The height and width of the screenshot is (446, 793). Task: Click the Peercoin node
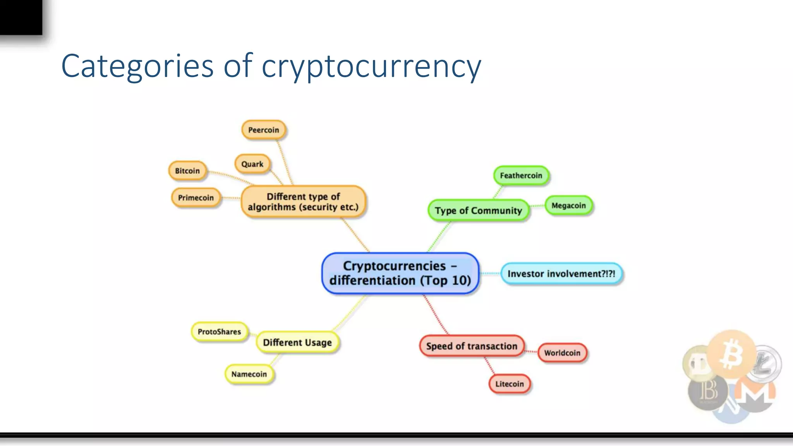(x=263, y=130)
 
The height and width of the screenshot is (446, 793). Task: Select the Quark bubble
(x=252, y=164)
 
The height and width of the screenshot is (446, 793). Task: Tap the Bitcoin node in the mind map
(x=187, y=171)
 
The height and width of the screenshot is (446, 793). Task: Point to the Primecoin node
(x=196, y=198)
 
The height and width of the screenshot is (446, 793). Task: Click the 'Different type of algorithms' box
(x=303, y=202)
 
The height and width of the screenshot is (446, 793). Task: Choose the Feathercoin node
(x=521, y=176)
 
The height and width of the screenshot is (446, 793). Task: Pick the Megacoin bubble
(x=568, y=206)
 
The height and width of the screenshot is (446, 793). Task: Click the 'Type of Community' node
(x=478, y=211)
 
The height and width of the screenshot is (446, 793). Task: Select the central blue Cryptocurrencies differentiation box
(x=400, y=273)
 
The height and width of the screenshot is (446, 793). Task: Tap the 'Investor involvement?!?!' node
(x=561, y=274)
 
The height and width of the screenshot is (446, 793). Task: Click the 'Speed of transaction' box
(x=472, y=346)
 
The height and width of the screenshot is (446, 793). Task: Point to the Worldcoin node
(x=562, y=353)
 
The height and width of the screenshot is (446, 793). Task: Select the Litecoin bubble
(x=510, y=384)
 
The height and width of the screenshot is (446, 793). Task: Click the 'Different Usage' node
(x=297, y=343)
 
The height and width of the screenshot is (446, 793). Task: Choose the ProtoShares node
(x=219, y=332)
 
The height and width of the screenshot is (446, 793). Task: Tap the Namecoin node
(x=249, y=374)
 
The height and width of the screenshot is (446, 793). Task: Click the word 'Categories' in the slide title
(x=137, y=66)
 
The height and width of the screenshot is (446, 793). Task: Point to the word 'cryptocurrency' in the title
(x=371, y=67)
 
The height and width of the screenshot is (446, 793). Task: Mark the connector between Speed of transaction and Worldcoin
(x=531, y=352)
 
